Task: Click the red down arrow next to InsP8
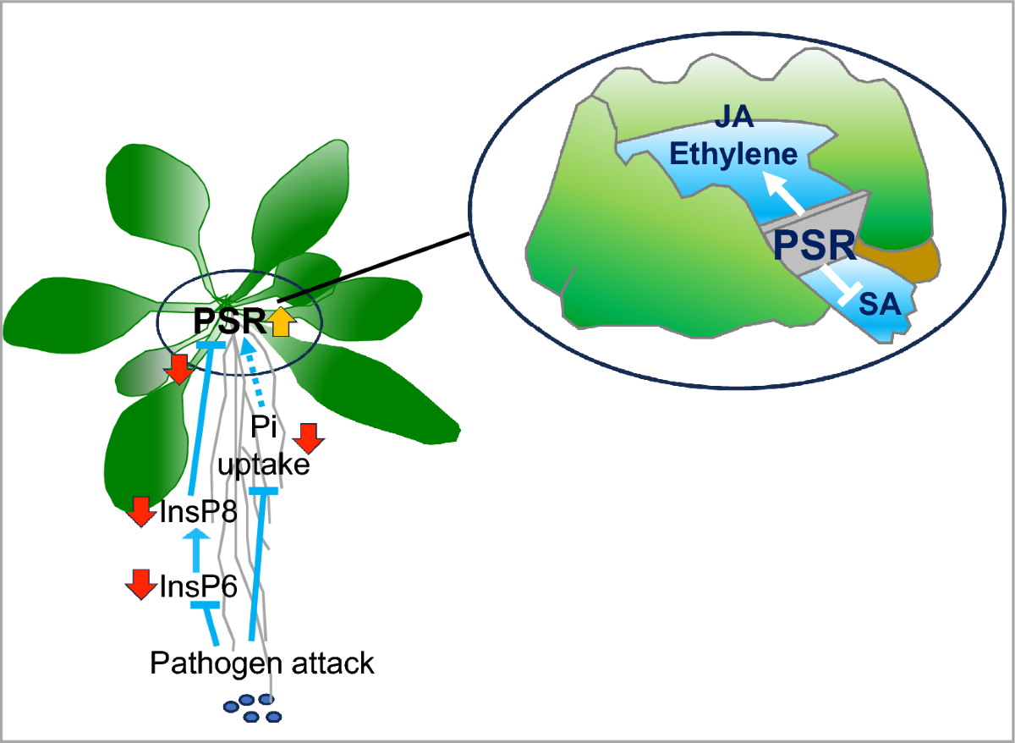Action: [x=141, y=512]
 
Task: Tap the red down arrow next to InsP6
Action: [x=141, y=585]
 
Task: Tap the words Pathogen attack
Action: [x=261, y=663]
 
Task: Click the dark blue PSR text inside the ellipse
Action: [x=815, y=245]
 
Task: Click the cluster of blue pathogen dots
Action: [x=251, y=707]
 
